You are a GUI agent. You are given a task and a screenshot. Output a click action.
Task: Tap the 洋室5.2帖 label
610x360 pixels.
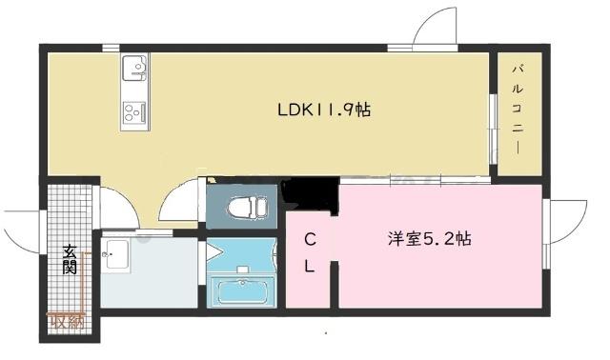pos(428,239)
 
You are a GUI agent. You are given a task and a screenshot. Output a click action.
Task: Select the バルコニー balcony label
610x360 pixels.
pos(516,110)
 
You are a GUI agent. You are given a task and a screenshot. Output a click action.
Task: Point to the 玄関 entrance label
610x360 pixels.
pos(71,261)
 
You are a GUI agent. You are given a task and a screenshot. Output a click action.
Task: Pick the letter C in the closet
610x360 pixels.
pos(311,239)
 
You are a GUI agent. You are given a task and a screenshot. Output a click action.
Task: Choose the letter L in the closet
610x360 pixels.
pos(310,267)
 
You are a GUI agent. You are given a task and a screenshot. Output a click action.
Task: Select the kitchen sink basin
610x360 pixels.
pos(134,70)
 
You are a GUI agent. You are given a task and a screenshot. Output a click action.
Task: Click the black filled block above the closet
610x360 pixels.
pos(312,196)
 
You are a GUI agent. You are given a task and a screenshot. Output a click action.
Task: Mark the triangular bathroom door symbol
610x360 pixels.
pos(213,252)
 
